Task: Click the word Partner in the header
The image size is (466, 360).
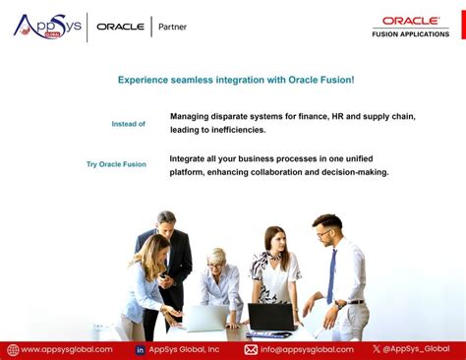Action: coord(172,27)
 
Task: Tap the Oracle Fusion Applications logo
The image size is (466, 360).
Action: coord(410,27)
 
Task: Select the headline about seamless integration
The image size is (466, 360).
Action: coord(236,80)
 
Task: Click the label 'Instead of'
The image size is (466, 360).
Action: coord(128,124)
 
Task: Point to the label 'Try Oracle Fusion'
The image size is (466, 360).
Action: coord(116,164)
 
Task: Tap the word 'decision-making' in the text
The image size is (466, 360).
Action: coord(352,172)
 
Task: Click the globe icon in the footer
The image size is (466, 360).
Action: coord(13,349)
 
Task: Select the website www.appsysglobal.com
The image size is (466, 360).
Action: coord(66,349)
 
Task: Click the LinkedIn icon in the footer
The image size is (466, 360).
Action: coord(140,349)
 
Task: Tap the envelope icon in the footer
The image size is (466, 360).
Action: coord(251,349)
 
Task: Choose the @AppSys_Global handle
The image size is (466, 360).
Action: coord(417,349)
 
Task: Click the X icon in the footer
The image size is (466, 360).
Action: coord(377,349)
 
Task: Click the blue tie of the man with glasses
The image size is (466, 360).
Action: coord(331,275)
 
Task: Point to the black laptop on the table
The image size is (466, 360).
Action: coord(270,317)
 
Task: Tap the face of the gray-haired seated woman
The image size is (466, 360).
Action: coord(215,259)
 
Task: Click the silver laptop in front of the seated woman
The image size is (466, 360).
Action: coord(205,318)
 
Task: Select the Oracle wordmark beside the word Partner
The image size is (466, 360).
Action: coord(120,27)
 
